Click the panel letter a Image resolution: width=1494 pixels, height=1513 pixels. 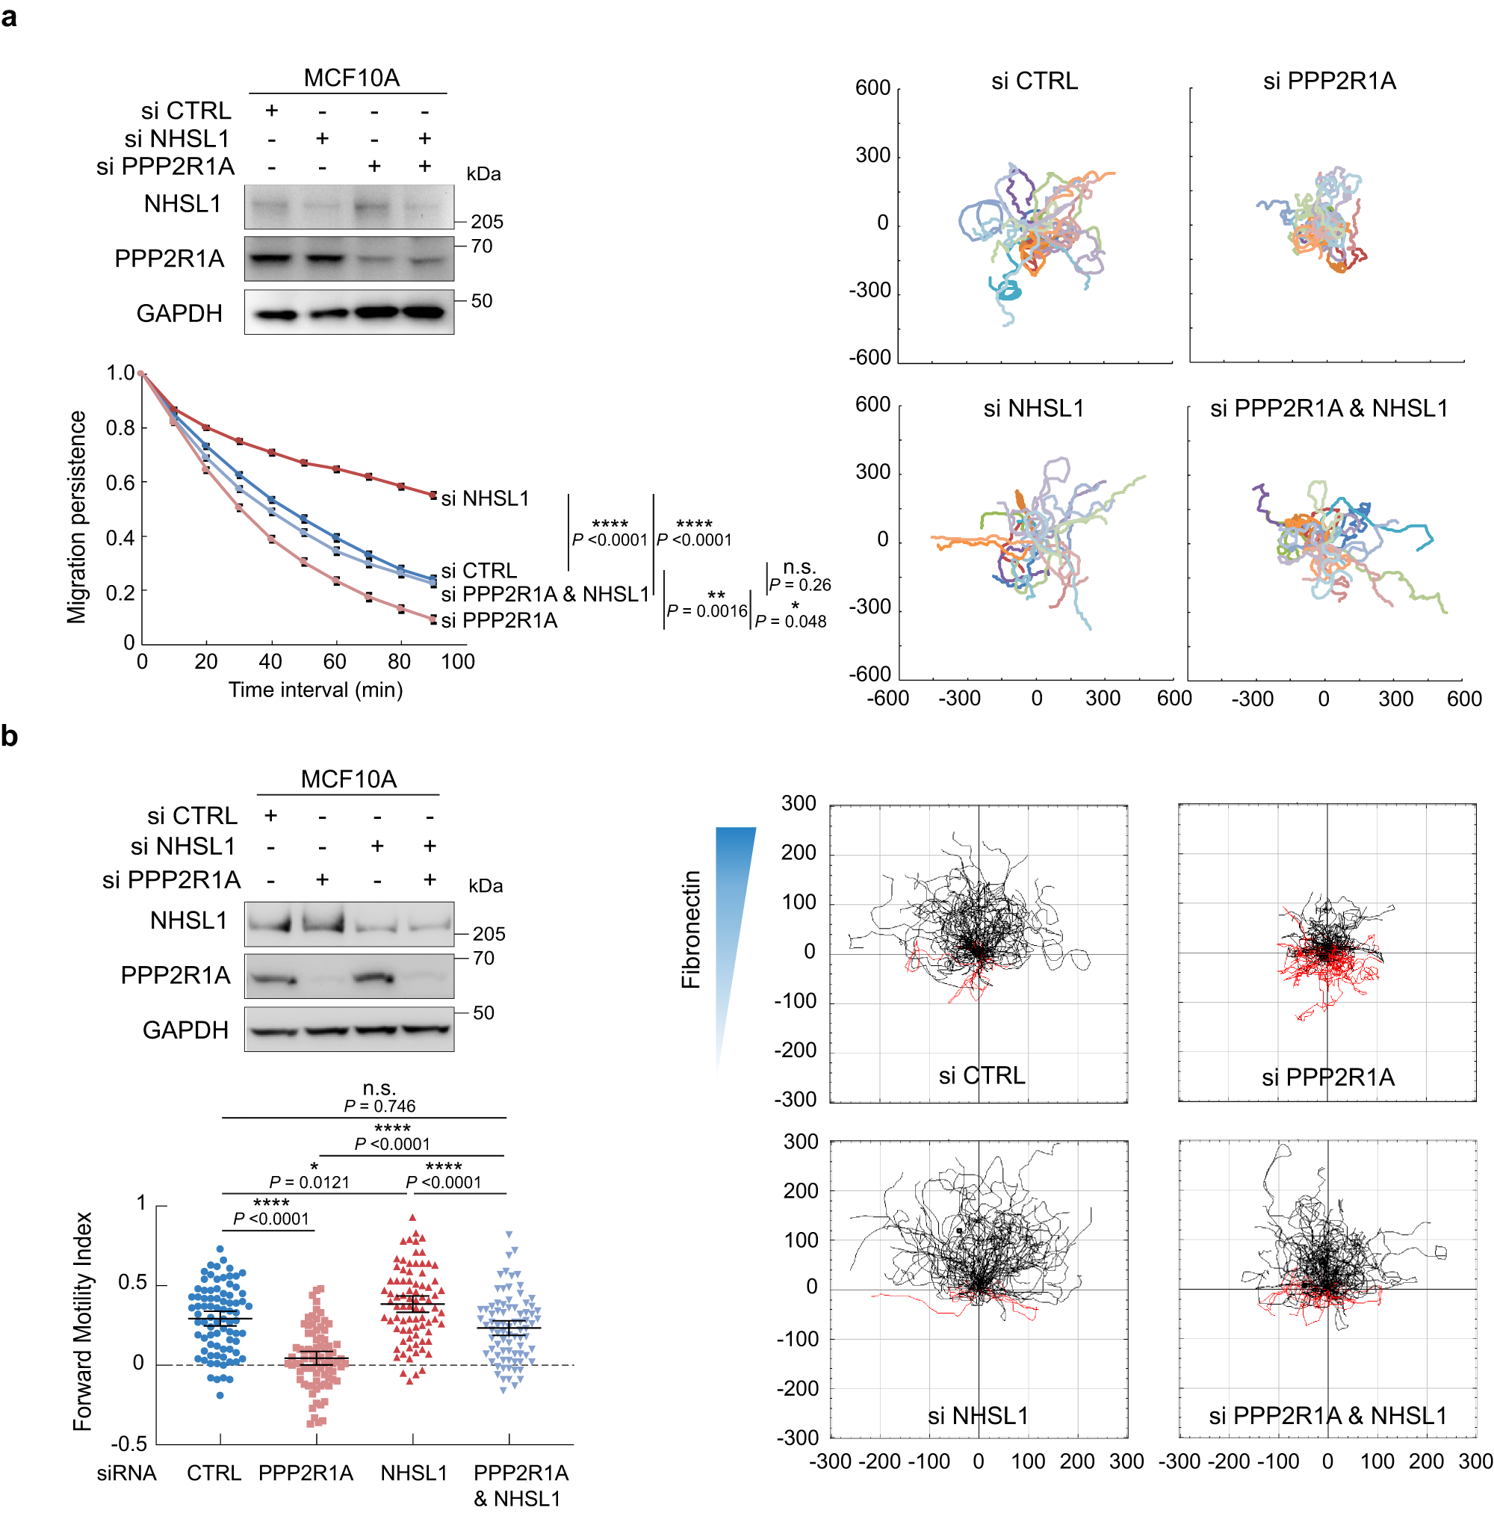(x=10, y=16)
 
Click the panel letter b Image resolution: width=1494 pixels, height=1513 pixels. (x=10, y=735)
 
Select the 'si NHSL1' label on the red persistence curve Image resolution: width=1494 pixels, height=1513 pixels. (x=485, y=498)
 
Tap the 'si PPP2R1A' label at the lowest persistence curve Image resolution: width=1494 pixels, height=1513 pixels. (x=499, y=620)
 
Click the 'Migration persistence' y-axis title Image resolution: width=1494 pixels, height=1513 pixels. (x=77, y=517)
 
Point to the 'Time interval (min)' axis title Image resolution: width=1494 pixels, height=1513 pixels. (x=315, y=690)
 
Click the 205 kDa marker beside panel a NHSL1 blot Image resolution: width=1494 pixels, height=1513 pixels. (x=486, y=222)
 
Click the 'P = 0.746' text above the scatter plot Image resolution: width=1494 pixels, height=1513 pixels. (x=379, y=1106)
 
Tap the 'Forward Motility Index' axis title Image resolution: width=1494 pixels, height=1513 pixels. (x=82, y=1322)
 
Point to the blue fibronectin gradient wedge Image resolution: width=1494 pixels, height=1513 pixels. (x=734, y=900)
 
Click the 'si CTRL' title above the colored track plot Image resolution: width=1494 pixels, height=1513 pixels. (x=1034, y=81)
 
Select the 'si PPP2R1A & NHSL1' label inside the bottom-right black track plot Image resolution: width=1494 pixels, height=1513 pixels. (x=1327, y=1416)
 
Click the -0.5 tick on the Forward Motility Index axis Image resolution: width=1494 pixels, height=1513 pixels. (x=128, y=1444)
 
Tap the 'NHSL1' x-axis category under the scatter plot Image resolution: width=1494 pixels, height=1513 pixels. (x=413, y=1473)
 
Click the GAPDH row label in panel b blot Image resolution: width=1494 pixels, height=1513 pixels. (x=185, y=1030)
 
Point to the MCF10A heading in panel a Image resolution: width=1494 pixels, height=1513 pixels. (x=352, y=78)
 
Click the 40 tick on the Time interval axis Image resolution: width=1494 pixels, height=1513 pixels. (x=270, y=662)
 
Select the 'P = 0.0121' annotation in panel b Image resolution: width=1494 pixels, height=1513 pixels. (x=309, y=1182)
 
